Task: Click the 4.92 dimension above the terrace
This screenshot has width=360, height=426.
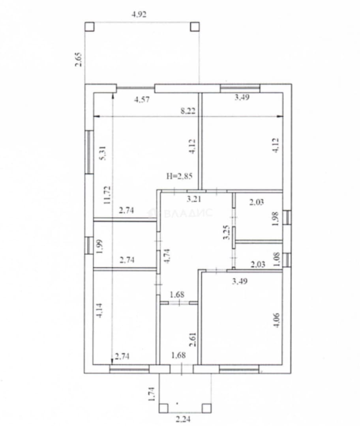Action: click(139, 14)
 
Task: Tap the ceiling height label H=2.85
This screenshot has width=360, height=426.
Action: click(180, 176)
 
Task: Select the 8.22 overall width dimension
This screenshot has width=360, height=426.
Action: click(188, 111)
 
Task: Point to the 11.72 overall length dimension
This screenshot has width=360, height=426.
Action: click(107, 195)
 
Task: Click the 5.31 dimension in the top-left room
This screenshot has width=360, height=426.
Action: click(103, 153)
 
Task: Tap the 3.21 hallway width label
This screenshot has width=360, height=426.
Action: click(194, 199)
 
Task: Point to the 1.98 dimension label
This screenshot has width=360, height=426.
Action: click(275, 219)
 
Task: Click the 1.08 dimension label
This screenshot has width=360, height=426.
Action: click(277, 260)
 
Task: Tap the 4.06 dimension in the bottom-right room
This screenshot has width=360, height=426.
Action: click(276, 320)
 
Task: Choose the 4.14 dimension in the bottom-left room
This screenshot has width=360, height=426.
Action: click(99, 310)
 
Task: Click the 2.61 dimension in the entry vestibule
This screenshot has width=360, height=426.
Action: click(193, 340)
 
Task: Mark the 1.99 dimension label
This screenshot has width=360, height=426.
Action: click(99, 247)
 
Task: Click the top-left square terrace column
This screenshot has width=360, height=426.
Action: click(90, 27)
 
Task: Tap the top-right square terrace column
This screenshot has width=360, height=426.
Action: click(195, 27)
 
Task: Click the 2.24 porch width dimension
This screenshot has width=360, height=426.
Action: click(183, 419)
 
